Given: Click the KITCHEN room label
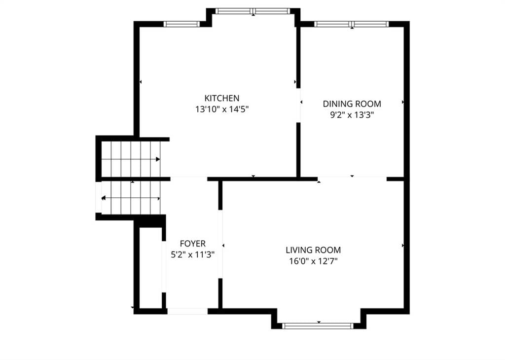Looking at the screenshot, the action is (x=222, y=98).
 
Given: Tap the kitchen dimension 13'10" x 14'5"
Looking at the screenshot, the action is (x=222, y=109).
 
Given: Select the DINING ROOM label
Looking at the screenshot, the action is (x=352, y=104).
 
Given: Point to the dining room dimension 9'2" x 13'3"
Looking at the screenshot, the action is (x=352, y=115).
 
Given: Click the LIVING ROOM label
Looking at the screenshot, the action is (x=313, y=250).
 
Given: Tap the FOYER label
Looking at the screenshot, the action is (x=193, y=244).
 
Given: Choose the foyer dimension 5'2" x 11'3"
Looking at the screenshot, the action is (x=193, y=254).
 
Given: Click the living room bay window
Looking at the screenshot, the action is (x=318, y=326).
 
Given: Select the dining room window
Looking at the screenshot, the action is (x=351, y=24).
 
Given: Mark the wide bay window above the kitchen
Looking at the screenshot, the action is (x=253, y=11).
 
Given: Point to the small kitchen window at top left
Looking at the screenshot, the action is (x=181, y=24).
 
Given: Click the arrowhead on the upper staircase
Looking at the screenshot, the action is (x=158, y=159).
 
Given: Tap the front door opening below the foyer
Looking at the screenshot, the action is (x=187, y=311).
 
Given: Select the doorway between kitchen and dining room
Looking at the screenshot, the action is (x=298, y=106).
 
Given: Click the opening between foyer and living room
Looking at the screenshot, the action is (x=220, y=244).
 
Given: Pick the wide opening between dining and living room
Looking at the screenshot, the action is (x=352, y=179).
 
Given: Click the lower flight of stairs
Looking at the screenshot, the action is (x=131, y=198).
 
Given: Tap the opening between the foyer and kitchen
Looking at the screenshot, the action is (x=189, y=179).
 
